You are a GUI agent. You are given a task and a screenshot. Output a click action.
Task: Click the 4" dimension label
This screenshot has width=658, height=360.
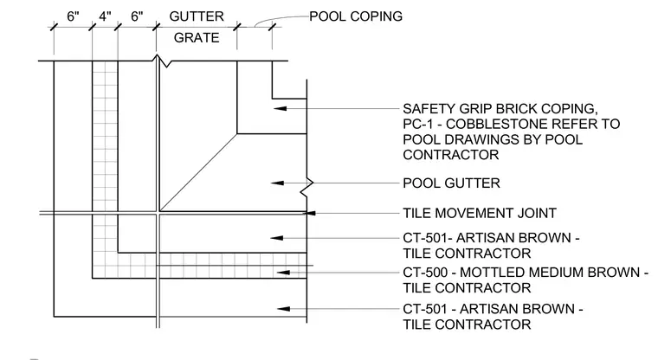(x=105, y=16)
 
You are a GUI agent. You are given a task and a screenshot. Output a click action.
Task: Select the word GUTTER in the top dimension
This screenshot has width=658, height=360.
(x=197, y=16)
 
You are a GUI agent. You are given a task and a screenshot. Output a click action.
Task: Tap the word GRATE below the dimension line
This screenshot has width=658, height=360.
(x=197, y=38)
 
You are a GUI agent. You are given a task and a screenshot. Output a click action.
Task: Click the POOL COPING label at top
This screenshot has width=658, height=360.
(x=356, y=16)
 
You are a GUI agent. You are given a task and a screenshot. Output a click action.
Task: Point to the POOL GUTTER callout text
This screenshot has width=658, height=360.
(x=452, y=183)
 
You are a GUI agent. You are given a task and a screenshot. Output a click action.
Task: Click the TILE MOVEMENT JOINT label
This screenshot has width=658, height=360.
(x=480, y=213)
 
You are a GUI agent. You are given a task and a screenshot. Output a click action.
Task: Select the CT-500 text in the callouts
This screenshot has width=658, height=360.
(x=425, y=273)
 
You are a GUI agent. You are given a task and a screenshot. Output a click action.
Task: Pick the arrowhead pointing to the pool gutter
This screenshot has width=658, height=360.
(x=277, y=183)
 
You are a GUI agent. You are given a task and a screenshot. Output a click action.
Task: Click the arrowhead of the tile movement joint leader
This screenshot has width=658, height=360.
(x=309, y=213)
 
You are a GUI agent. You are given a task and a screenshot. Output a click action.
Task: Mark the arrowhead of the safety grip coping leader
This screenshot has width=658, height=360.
(x=281, y=109)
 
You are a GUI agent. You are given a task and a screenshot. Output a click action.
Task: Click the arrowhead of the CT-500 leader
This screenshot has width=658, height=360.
(x=283, y=273)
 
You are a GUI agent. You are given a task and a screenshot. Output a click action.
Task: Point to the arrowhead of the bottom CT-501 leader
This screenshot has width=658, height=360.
(x=284, y=309)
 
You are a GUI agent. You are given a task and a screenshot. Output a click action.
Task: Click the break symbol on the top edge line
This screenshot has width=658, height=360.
(x=162, y=61)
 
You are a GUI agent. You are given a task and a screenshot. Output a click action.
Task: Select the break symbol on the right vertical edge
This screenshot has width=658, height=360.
(x=306, y=188)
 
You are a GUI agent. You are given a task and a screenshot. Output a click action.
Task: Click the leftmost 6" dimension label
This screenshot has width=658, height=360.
(x=73, y=16)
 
